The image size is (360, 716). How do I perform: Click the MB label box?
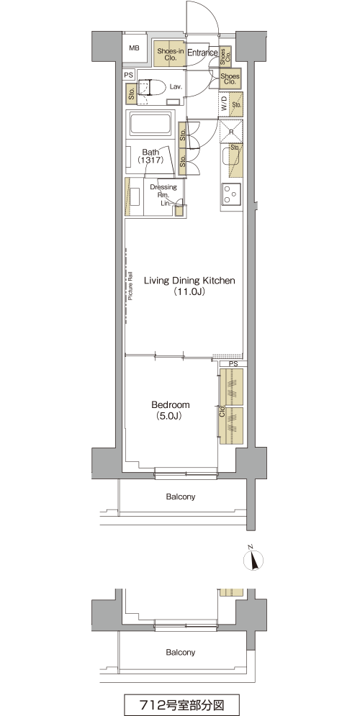134,48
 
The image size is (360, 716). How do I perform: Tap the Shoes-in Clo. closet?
170,55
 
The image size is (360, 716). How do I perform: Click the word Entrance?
202,53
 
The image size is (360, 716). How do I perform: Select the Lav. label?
176,86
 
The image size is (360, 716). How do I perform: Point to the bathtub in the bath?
150,123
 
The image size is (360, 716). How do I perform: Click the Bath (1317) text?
150,156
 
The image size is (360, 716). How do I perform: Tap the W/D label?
225,104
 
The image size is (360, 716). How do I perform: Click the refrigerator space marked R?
231,131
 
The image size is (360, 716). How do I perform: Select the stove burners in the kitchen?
231,194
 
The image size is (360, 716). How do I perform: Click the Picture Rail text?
130,286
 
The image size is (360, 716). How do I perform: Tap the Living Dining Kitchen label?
189,281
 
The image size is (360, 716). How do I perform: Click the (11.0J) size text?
189,292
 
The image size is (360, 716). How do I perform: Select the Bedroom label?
171,405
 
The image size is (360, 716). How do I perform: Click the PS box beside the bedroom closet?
234,364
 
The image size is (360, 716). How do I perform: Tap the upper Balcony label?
181,497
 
